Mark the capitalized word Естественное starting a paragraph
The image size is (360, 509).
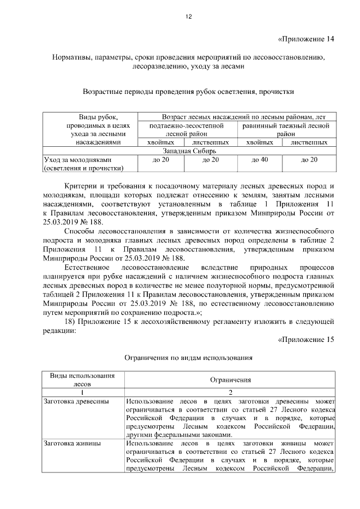click(x=90, y=267)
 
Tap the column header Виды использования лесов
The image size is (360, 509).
click(x=82, y=380)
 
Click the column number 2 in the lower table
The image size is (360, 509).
click(x=230, y=392)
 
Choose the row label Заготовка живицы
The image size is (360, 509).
click(x=72, y=443)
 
